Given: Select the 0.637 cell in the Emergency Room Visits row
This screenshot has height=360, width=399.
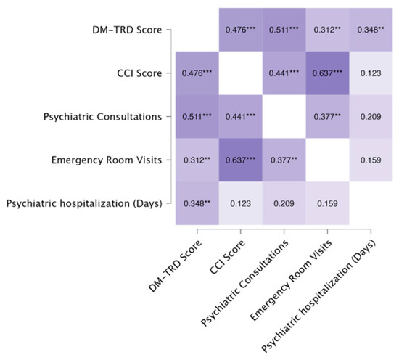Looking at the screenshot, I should (x=240, y=160).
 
